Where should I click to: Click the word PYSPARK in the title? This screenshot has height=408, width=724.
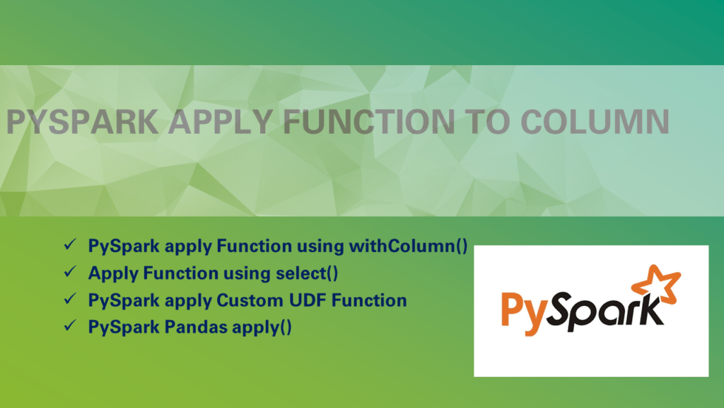coord(83,123)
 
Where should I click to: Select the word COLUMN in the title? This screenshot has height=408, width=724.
coord(595,123)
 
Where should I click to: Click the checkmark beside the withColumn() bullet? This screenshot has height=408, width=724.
coord(70,245)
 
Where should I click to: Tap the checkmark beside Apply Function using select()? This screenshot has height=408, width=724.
coord(70,272)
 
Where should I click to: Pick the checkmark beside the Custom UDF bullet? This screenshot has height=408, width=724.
coord(70,300)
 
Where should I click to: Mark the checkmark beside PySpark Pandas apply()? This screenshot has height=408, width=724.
coord(70,327)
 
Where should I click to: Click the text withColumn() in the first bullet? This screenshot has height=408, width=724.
coord(408,246)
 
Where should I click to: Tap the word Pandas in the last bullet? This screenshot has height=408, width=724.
coord(195,327)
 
